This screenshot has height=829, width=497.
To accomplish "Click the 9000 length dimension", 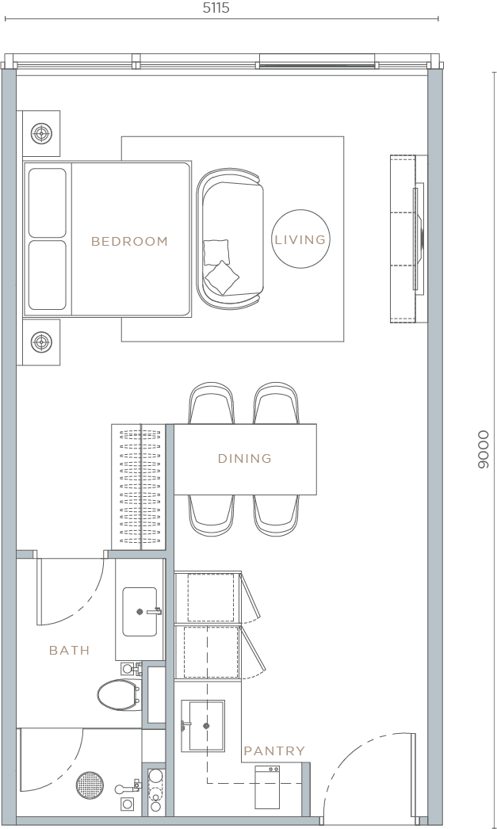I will pyautogui.click(x=483, y=450).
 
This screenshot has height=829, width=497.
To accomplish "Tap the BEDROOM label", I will pyautogui.click(x=130, y=241).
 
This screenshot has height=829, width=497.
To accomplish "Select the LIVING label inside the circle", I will pyautogui.click(x=300, y=239).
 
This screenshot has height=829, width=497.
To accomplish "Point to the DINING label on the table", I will pyautogui.click(x=245, y=458).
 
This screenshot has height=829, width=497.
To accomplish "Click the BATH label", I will pyautogui.click(x=69, y=650).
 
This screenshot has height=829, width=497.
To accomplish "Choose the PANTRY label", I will pyautogui.click(x=273, y=751).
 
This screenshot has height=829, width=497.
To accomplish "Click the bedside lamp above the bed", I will pyautogui.click(x=41, y=133).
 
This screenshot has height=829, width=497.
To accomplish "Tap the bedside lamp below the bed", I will pyautogui.click(x=41, y=342).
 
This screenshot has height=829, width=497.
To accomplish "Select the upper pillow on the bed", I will pyautogui.click(x=48, y=203).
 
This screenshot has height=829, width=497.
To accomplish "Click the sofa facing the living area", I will pyautogui.click(x=230, y=239).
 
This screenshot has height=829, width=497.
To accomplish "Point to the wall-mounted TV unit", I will pyautogui.click(x=408, y=239).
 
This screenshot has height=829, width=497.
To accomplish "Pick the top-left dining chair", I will pyautogui.click(x=212, y=403).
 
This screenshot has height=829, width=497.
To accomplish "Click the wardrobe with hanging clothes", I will pyautogui.click(x=140, y=487).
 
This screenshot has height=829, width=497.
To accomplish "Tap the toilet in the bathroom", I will pyautogui.click(x=117, y=695).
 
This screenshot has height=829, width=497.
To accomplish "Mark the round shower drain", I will pyautogui.click(x=90, y=785).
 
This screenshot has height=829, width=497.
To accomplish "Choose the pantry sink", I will pyautogui.click(x=202, y=725).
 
